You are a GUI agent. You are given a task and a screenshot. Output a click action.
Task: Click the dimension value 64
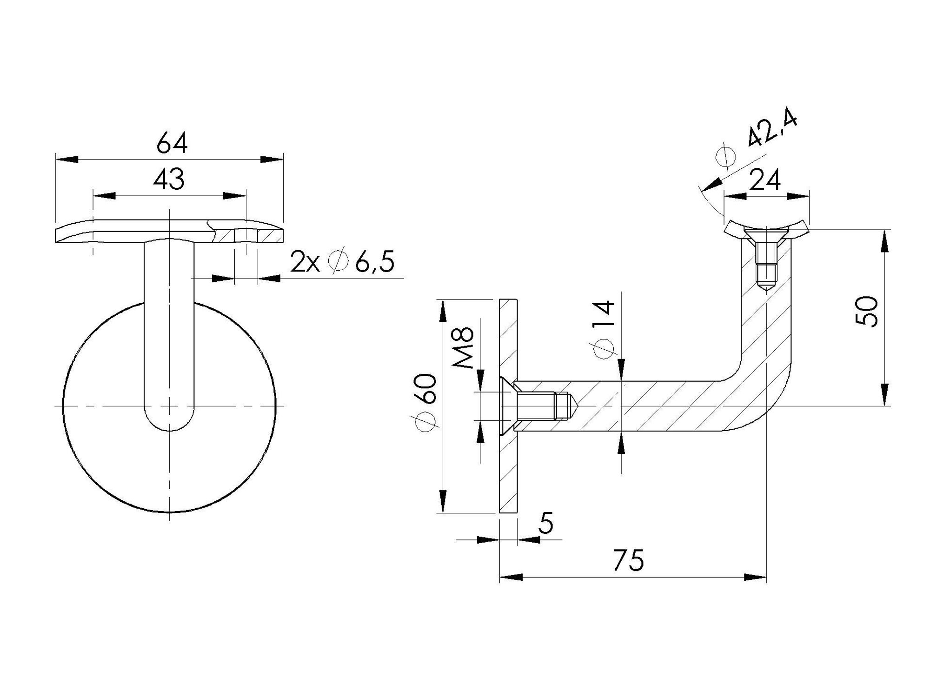[x=172, y=143]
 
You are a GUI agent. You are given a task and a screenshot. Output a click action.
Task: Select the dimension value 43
[x=169, y=179]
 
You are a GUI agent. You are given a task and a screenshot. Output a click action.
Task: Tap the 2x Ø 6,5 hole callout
[x=342, y=261]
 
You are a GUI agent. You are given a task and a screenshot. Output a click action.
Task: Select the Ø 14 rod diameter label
[x=604, y=330]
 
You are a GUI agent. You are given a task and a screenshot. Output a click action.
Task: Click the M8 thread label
[x=463, y=348]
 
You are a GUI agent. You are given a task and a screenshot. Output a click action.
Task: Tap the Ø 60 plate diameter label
[x=425, y=403]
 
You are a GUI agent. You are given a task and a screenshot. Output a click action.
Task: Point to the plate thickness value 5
[x=547, y=524]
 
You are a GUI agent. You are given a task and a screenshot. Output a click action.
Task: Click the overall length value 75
[x=628, y=560]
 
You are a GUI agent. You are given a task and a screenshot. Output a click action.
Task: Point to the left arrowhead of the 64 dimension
[x=66, y=159]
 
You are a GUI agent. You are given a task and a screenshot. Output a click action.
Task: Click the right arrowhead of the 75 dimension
[x=755, y=578]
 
